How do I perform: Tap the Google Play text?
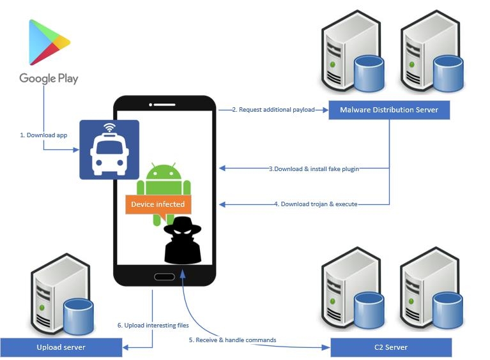point(49,79)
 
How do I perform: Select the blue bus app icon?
point(109,149)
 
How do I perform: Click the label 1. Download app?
point(43,135)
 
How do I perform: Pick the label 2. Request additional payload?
point(273,110)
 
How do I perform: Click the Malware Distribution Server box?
point(388,110)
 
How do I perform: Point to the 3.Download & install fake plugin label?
point(314,169)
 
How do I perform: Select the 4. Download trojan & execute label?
point(316,204)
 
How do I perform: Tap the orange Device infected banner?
point(158,204)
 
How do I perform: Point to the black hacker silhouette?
point(182,241)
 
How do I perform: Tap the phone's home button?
point(164,277)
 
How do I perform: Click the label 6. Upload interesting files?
point(153,325)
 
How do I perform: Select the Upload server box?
point(61,347)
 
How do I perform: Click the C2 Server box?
point(390,347)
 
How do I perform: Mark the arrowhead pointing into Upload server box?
point(125,347)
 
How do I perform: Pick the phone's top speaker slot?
point(164,103)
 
